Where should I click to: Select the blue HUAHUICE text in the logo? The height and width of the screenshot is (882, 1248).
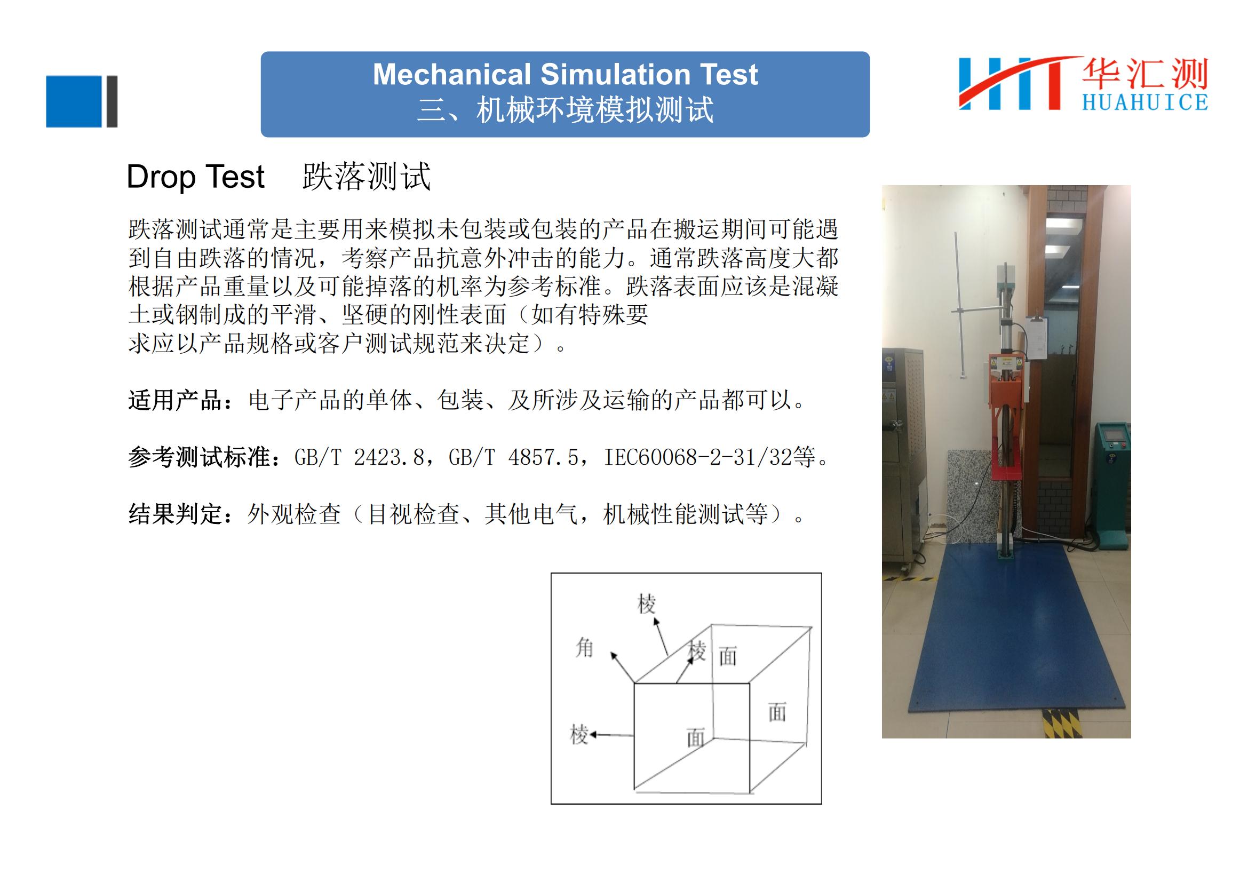tap(1144, 102)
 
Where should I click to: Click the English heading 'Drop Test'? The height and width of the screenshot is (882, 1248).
tap(195, 177)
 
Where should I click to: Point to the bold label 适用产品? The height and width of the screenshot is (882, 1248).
tap(176, 401)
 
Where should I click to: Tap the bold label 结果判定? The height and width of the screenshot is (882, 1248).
tap(176, 513)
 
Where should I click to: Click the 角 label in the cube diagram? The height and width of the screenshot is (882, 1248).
tap(584, 648)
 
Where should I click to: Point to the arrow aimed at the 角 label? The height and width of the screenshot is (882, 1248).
tap(622, 668)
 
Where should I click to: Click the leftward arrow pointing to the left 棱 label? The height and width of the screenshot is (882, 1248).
tap(611, 735)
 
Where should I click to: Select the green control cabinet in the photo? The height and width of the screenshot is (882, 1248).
tap(1112, 478)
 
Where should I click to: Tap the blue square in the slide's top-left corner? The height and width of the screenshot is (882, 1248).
tap(74, 101)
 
